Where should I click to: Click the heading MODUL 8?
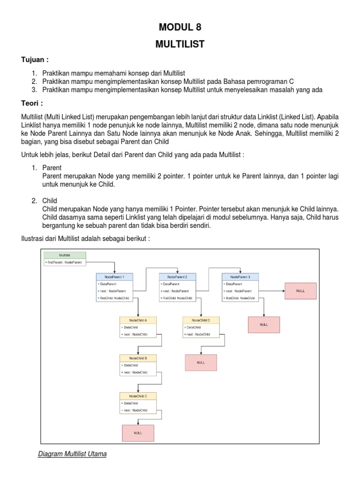[x=180, y=28]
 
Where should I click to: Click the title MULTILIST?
[x=180, y=44]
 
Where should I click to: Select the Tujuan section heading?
[x=35, y=60]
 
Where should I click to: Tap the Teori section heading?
[x=32, y=102]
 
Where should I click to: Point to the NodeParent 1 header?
[x=114, y=277]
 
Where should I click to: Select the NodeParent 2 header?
[x=177, y=277]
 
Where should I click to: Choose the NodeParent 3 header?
[x=240, y=277]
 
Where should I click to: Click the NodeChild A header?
[x=138, y=320]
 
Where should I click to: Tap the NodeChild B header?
[x=138, y=358]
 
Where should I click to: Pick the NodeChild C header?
[x=138, y=396]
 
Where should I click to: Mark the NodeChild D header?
[x=201, y=320]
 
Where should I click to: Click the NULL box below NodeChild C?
[x=138, y=432]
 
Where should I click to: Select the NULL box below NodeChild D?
[x=201, y=362]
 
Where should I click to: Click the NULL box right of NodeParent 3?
[x=300, y=291]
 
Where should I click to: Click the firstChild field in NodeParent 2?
[x=177, y=298]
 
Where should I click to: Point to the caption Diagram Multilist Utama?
[x=72, y=454]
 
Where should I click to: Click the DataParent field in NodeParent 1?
[x=114, y=284]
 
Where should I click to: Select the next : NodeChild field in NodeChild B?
[x=138, y=372]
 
